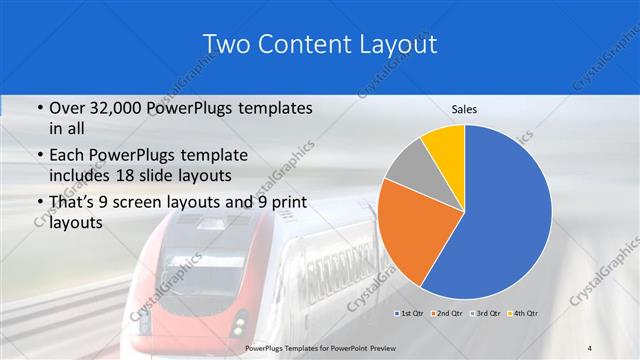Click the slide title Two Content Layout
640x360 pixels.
coord(319,45)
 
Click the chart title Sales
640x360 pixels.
coord(464,108)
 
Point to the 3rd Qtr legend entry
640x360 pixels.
coord(487,313)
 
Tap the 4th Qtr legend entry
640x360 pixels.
coord(524,313)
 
